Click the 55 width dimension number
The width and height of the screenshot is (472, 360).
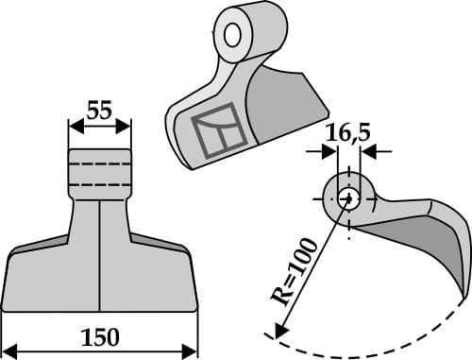(99, 111)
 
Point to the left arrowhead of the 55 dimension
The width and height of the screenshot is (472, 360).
(74, 124)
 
